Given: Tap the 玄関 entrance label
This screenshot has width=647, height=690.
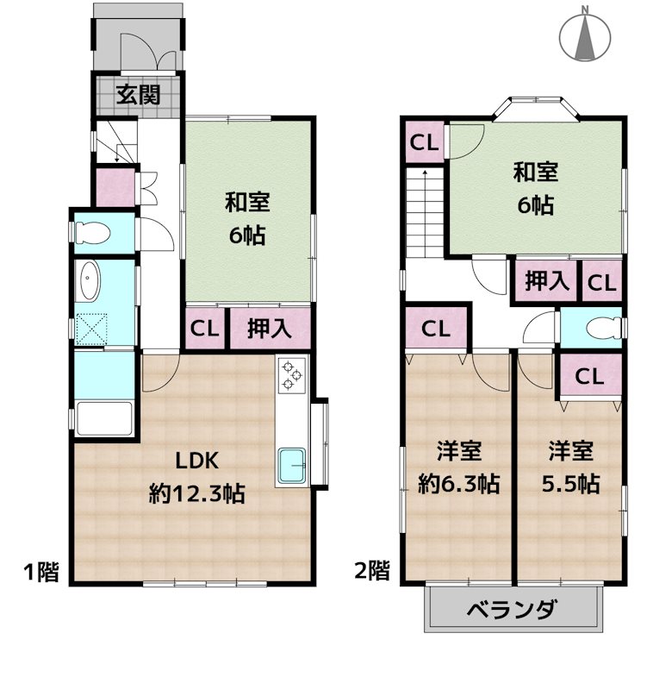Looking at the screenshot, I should click(139, 95).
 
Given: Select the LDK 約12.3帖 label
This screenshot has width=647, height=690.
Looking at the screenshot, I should click(196, 476).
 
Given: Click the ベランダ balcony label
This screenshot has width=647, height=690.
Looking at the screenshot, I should click(512, 611).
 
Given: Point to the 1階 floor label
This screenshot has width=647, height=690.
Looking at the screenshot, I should click(40, 571).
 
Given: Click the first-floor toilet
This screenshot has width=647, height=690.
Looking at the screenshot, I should click(90, 233).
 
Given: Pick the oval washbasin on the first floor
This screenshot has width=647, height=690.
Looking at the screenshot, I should click(89, 281).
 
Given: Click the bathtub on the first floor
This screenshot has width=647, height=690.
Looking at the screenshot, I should click(103, 419).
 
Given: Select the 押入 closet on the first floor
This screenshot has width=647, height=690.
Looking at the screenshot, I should click(268, 328).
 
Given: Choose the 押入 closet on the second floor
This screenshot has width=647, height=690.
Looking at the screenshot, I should click(546, 281).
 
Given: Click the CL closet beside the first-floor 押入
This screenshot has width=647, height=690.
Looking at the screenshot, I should click(204, 328).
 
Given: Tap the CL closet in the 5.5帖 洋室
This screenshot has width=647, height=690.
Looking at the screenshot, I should click(589, 375).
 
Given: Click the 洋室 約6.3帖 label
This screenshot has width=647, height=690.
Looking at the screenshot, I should click(457, 467).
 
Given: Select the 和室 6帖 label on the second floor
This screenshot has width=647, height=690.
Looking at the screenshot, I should click(536, 189).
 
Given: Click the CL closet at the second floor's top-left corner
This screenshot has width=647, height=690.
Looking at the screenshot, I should click(423, 143).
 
